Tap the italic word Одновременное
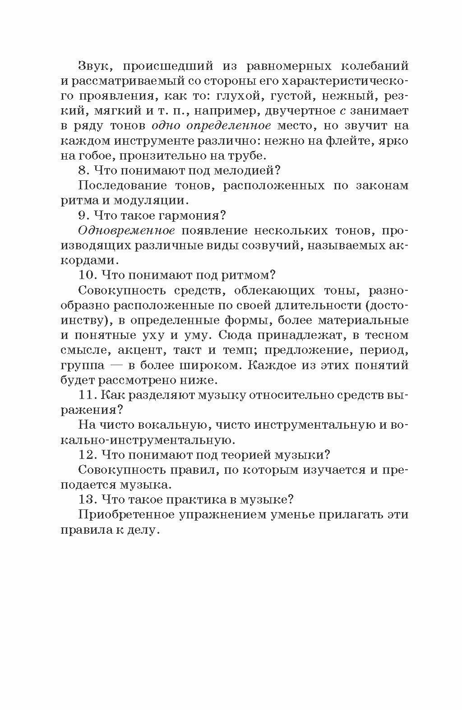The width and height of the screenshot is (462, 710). pyautogui.click(x=126, y=230)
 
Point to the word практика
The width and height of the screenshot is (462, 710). pyautogui.click(x=201, y=499)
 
